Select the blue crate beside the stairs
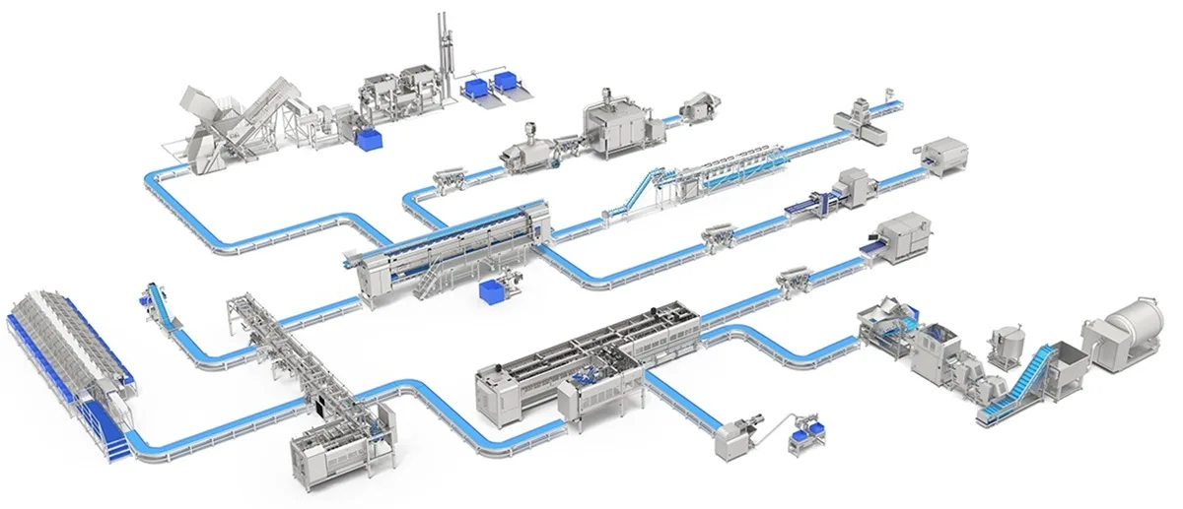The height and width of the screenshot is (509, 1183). (489, 292)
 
